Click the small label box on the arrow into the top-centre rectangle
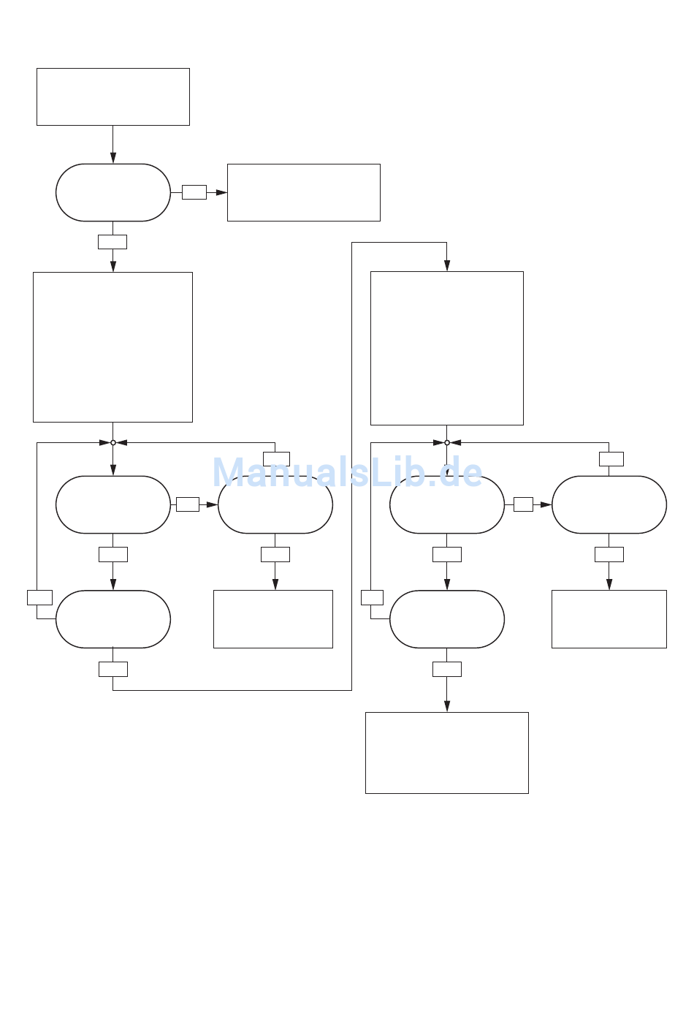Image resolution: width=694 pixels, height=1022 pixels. click(x=194, y=192)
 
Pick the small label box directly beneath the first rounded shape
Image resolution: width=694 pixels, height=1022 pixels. click(x=113, y=242)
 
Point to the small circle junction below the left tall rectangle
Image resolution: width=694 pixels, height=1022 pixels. click(x=113, y=442)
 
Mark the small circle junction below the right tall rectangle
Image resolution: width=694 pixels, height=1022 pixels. click(x=447, y=442)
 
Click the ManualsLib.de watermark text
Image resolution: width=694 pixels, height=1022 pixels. click(x=348, y=473)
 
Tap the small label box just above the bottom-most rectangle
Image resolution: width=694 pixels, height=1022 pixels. click(x=447, y=670)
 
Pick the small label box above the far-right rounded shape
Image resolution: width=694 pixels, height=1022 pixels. click(x=611, y=459)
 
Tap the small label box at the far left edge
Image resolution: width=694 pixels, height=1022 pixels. click(x=39, y=598)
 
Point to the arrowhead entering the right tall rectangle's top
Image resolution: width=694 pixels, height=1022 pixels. click(x=447, y=265)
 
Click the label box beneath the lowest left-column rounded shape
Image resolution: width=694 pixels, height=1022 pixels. click(x=113, y=670)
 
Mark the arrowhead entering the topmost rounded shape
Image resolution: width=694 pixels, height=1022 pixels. click(x=113, y=158)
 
